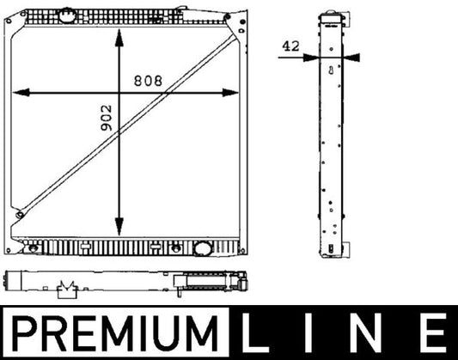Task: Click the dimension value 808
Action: coord(148,81)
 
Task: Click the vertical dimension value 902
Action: coord(106,118)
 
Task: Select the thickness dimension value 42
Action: coord(290,46)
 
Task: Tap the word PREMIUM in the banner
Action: coord(115,333)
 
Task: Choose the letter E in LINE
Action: coord(434,333)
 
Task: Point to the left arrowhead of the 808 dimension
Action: coord(21,93)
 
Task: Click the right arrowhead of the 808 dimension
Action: coord(230,93)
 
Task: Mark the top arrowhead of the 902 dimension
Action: coord(119,38)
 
